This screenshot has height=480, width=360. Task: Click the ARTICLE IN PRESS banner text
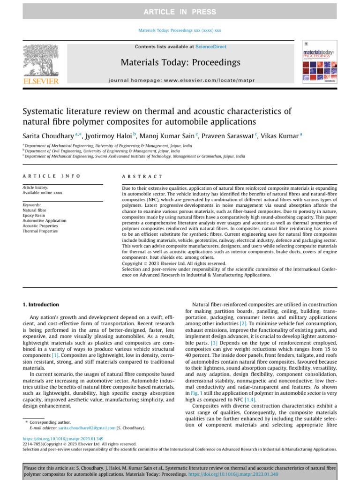(180, 12)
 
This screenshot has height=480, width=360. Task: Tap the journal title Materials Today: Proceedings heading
(180, 62)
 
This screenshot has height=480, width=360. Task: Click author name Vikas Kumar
(281, 136)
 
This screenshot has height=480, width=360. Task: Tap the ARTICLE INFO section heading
(52, 176)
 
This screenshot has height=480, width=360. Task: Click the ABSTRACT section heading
(142, 176)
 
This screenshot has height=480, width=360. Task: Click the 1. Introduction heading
(41, 304)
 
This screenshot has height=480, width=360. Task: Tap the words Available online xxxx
(43, 193)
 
